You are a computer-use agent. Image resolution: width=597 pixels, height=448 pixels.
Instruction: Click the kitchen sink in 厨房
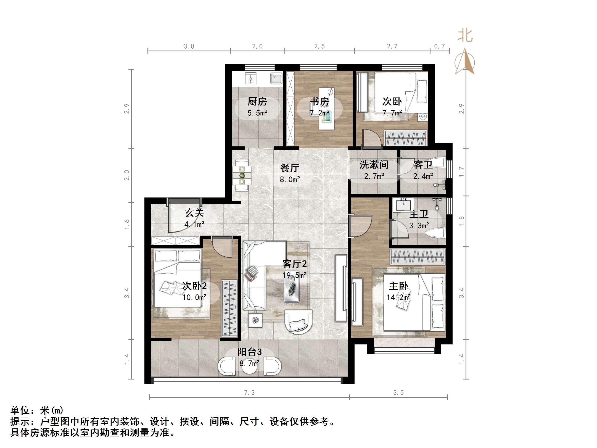tap(276, 78)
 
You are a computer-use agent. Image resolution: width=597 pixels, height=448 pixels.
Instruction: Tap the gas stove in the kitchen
tap(250, 78)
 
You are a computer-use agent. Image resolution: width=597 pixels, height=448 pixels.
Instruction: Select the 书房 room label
tap(319, 102)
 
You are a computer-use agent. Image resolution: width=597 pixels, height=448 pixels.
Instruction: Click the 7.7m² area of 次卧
tap(392, 113)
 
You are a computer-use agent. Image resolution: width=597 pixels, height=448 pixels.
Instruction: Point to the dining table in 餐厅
tap(242, 175)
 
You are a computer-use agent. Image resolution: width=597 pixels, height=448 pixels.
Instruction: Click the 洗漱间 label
tap(374, 165)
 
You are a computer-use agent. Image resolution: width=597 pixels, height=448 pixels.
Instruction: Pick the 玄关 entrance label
tap(194, 213)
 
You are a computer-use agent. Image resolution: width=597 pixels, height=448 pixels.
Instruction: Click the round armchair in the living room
tap(298, 322)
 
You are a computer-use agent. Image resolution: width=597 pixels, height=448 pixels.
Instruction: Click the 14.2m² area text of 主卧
tap(398, 297)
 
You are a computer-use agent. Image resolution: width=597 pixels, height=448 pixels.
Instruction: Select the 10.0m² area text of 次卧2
tap(194, 297)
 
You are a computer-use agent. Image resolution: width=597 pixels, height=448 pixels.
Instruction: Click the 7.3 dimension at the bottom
tap(249, 393)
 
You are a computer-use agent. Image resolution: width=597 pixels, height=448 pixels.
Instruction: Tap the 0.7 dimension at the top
tap(439, 46)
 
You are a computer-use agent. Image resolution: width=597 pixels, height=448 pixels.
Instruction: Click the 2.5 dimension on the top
tap(319, 46)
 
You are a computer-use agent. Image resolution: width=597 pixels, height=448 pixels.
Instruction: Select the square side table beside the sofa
tap(255, 320)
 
